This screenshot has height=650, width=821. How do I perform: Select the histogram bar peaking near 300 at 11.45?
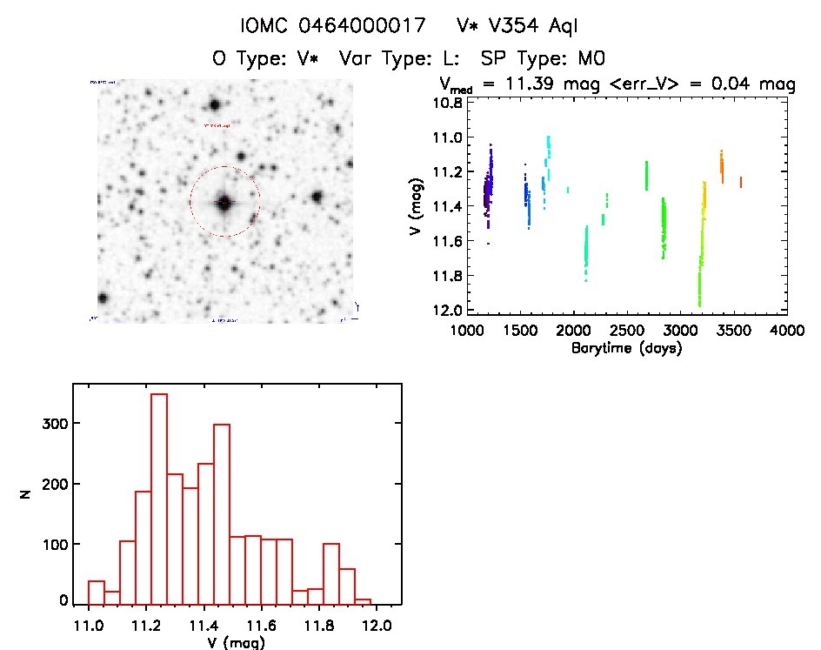point(222,513)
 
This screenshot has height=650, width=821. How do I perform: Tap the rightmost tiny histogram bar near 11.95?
point(364,601)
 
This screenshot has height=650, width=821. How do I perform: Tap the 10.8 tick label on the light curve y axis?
point(449,102)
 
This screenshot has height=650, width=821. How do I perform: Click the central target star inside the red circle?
point(224,203)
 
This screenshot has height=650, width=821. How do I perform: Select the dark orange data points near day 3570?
point(741,182)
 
